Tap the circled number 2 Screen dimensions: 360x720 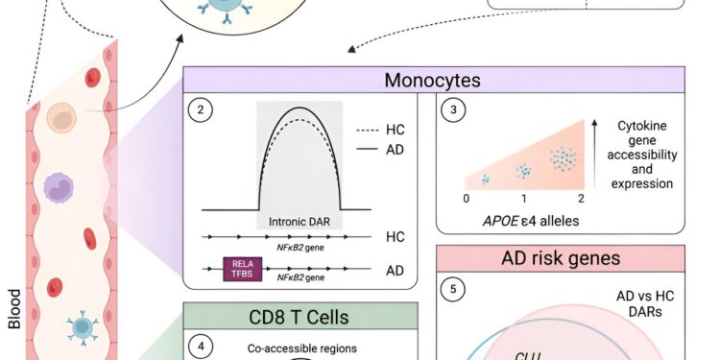click(201, 109)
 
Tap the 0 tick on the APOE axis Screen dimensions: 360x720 click(468, 198)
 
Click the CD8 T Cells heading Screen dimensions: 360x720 click(300, 316)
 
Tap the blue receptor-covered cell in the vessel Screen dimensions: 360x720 click(82, 329)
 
